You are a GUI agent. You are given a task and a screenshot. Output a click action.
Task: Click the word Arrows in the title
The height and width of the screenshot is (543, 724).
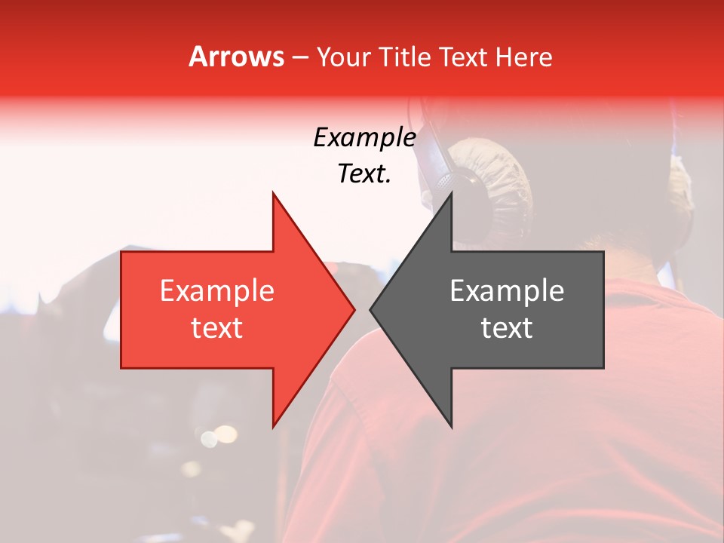[x=236, y=57]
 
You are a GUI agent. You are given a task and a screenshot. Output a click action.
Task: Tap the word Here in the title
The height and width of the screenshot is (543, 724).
[x=525, y=57]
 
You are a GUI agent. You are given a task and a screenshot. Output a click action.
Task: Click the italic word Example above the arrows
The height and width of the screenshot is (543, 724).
[x=364, y=138]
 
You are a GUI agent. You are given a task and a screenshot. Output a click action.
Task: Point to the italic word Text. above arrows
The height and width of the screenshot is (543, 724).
[x=364, y=174]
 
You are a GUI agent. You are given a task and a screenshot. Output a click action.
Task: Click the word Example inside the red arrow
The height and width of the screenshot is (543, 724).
[x=216, y=290]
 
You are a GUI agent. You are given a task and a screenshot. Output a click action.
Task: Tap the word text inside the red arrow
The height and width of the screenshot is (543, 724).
[x=216, y=327]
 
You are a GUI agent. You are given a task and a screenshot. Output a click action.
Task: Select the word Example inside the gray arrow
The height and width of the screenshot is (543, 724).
[x=507, y=290]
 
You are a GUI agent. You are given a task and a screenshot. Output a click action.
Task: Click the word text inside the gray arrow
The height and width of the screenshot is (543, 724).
[x=507, y=327]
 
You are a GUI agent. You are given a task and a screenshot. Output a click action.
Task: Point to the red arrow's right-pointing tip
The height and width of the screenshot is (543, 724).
[x=354, y=309]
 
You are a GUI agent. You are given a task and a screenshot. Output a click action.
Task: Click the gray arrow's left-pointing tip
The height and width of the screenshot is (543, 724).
[x=371, y=309]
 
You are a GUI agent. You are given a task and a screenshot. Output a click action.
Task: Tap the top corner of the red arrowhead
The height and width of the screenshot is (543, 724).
[x=273, y=194]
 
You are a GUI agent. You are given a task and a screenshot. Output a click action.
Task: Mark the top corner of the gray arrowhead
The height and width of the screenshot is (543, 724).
[x=451, y=194]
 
